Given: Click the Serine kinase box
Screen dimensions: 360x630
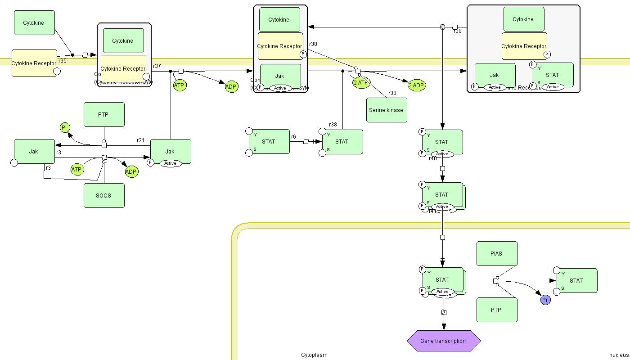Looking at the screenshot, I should point(387,110).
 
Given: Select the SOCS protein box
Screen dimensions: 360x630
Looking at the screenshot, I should point(104,195).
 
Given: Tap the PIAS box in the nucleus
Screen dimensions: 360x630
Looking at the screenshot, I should point(497,253).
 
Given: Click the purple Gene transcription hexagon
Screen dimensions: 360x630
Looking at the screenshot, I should point(443,341).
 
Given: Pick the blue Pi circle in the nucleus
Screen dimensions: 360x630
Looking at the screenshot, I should point(545,300).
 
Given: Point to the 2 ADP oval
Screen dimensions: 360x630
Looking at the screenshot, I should point(417,85).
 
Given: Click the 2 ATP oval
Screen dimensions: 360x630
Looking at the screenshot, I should point(361,82).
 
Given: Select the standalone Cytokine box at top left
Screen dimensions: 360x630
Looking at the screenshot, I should point(34,22).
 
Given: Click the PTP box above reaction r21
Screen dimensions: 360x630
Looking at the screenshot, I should point(104,114).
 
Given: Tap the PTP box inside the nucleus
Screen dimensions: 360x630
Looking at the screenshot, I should point(497,310).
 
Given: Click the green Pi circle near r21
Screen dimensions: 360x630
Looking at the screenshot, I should point(65,128).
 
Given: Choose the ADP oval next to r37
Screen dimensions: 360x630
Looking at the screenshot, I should point(231,87).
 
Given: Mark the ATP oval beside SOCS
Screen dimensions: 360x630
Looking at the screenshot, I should point(77,170).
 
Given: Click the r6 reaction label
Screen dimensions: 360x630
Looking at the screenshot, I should point(293,137).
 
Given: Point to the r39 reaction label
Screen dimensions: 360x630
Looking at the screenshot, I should point(458,31).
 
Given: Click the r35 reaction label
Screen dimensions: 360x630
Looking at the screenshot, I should point(63,60).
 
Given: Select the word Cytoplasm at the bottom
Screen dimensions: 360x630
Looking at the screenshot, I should point(314,355).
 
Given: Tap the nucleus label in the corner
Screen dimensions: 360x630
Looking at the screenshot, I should point(618,355).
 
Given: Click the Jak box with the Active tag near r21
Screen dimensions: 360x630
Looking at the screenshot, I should point(170,152).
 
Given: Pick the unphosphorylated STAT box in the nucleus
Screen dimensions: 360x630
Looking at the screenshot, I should point(576,280).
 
